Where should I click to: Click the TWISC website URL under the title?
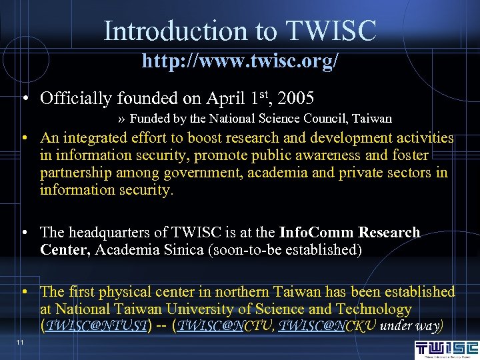240,61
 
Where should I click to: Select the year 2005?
297,99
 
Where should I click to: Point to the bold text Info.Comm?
317,233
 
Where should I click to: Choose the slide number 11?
21,342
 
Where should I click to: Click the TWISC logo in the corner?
446,348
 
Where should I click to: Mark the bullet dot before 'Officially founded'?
24,100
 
